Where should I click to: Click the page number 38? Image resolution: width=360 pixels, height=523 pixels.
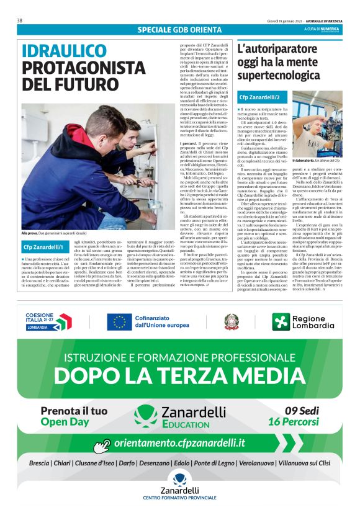coord(20,20)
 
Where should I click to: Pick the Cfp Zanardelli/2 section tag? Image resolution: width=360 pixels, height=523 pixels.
coord(263,97)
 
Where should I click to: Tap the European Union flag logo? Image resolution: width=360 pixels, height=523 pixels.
coord(119,322)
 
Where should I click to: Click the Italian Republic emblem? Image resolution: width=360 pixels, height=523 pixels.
coord(231,321)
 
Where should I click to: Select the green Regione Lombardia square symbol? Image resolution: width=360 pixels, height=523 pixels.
coord(281,321)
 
